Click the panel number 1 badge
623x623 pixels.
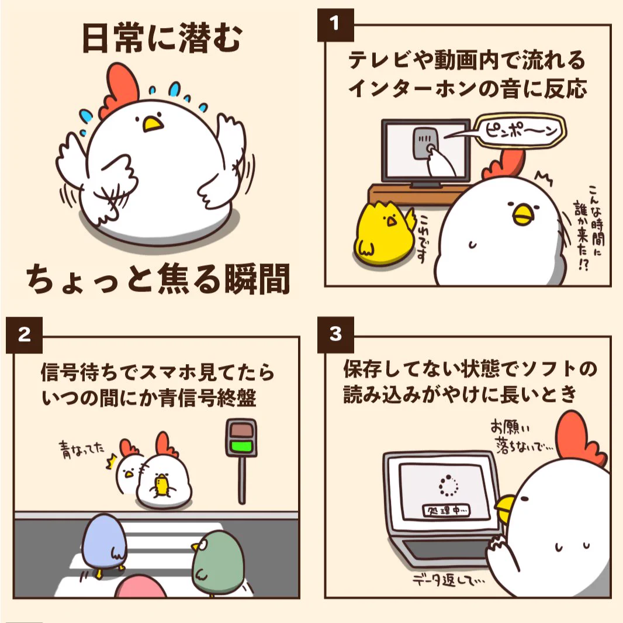(335, 23)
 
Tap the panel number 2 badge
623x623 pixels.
(24, 335)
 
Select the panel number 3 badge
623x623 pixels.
(335, 335)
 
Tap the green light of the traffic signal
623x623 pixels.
(241, 448)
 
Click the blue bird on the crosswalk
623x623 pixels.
(103, 541)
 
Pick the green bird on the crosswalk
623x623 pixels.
(217, 561)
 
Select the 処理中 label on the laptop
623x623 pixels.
(448, 511)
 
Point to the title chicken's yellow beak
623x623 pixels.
(153, 123)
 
